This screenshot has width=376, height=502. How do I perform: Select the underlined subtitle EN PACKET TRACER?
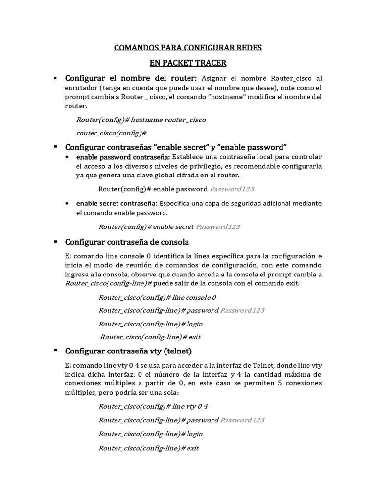tap(188, 64)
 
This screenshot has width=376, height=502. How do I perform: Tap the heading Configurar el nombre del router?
tap(131, 78)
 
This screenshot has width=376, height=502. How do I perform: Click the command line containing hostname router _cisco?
tap(141, 120)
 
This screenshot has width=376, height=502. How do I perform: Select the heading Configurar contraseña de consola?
tap(127, 242)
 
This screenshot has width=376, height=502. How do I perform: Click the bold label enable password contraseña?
tap(123, 157)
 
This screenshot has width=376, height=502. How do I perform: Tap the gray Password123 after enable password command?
tap(232, 189)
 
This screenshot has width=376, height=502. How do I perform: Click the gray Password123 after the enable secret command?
tap(218, 227)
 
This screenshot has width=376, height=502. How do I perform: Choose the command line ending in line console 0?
tap(157, 297)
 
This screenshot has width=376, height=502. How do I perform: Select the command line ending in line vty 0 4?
tap(153, 406)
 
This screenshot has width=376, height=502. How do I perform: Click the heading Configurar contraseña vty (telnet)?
tap(128, 351)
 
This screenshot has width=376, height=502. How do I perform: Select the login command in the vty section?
tap(150, 434)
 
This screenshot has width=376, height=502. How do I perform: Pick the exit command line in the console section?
tap(150, 337)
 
